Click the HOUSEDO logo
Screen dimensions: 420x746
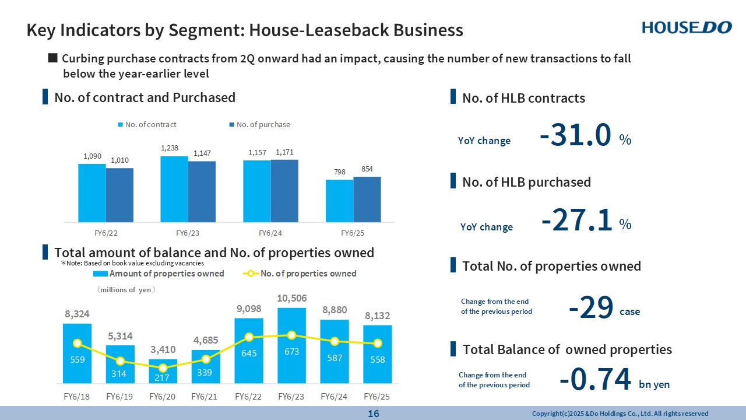(686, 27)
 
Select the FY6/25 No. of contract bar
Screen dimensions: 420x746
(339, 201)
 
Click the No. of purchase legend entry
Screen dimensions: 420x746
(259, 125)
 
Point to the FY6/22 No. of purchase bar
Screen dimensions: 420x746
(119, 195)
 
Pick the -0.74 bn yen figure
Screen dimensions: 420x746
(595, 380)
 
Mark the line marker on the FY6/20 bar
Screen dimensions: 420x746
(163, 368)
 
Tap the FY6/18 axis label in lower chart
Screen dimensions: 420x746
(77, 397)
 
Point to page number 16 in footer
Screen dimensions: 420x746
(373, 414)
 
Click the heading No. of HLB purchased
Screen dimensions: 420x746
(526, 182)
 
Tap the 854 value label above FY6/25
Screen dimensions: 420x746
(367, 169)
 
